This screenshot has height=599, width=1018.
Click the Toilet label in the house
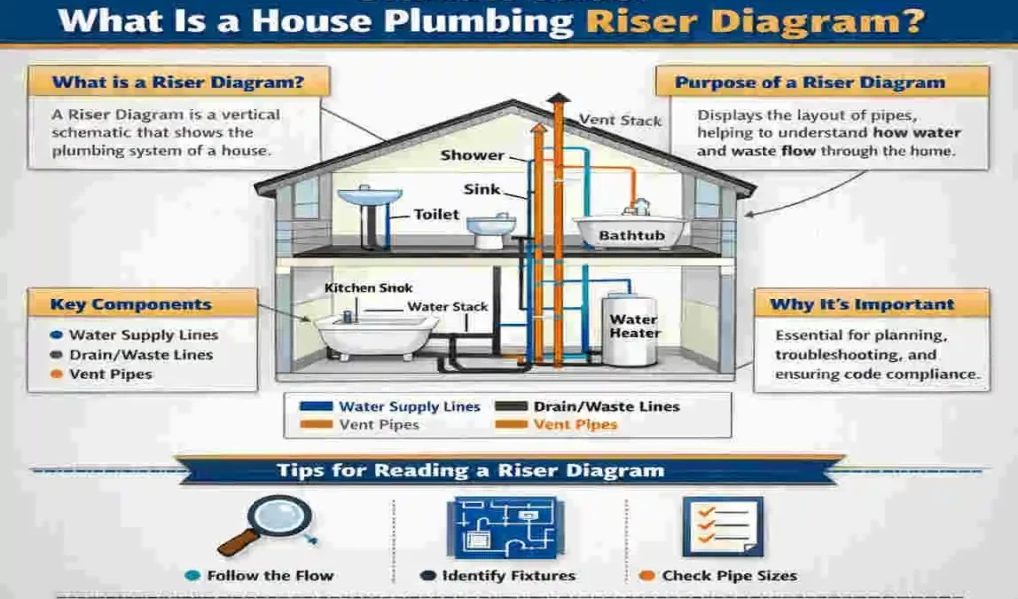coord(436,214)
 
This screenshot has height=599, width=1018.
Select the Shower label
coord(473,156)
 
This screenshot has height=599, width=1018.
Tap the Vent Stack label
coord(620,120)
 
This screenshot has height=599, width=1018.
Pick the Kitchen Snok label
coord(368,288)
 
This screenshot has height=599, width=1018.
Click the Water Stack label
coord(448,307)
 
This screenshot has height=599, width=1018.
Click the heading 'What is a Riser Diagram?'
coord(178,82)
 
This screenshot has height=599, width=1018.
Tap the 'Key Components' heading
coord(131,305)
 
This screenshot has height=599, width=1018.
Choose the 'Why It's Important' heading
coord(862,304)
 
